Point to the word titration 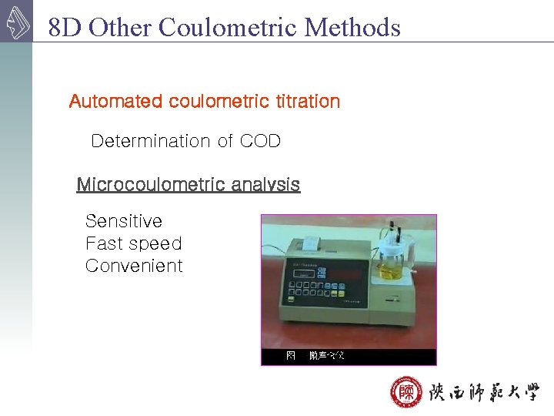(306, 101)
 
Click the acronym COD (260, 141)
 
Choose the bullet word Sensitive (124, 221)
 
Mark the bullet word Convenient (134, 266)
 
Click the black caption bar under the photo (349, 356)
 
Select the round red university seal (405, 394)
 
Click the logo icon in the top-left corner (16, 22)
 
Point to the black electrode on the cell (392, 232)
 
